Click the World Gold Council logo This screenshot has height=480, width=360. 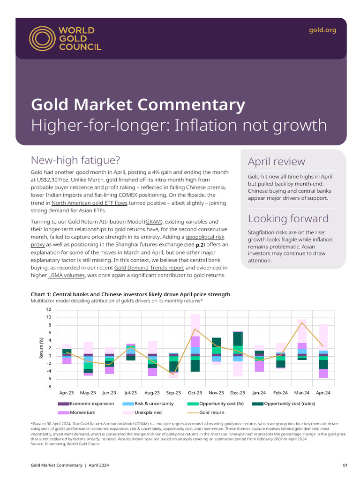65,38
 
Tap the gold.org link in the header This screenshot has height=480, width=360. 322,30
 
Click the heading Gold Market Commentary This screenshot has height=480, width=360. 138,104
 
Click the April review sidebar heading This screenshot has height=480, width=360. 276,162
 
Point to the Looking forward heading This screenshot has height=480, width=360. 288,218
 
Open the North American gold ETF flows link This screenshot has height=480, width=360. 89,203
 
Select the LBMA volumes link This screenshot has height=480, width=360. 66,275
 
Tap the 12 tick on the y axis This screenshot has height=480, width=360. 48,310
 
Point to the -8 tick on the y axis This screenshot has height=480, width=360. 48,387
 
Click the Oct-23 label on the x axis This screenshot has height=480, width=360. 195,393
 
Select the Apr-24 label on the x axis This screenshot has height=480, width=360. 323,393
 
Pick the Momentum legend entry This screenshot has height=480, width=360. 82,412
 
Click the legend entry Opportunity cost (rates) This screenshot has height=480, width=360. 289,404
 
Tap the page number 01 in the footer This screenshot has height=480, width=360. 345,465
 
